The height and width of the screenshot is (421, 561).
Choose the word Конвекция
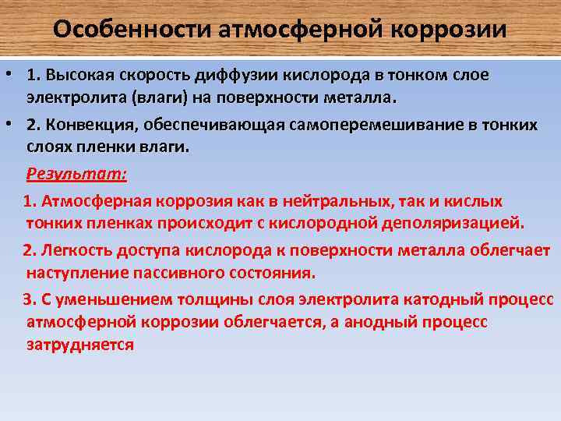click(x=88, y=125)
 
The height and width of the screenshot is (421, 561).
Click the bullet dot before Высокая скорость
click(x=9, y=76)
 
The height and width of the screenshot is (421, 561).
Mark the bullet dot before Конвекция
click(x=9, y=125)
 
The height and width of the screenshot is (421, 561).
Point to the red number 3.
click(x=28, y=299)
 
